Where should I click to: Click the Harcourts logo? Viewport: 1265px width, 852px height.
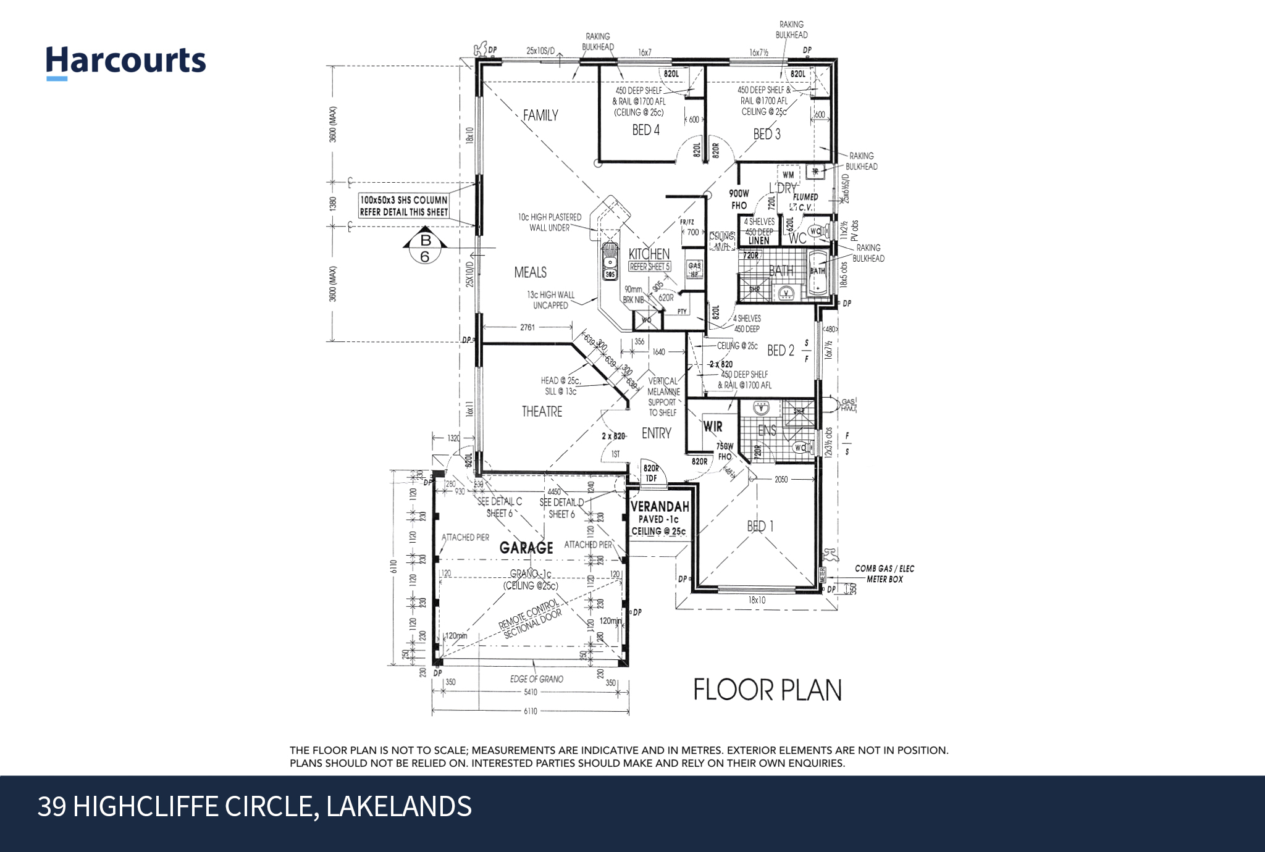pos(126,62)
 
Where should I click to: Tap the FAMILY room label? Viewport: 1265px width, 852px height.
pos(540,115)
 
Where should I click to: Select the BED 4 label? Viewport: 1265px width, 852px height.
pos(645,130)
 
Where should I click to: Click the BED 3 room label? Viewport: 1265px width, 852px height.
pos(767,134)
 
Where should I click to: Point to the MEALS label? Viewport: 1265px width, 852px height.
pos(530,272)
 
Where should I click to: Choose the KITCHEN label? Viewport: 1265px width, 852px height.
pos(649,254)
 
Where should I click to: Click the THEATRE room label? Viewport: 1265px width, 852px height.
pos(542,411)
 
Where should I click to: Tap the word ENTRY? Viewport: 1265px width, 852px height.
pos(656,433)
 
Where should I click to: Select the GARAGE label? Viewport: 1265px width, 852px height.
pos(526,548)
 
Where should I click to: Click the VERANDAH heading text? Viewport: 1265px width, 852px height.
pos(660,507)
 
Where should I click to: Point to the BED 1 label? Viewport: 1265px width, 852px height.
pos(760,526)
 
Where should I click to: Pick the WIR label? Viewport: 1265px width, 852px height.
pos(713,427)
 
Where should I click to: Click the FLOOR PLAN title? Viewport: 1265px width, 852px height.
pos(767,690)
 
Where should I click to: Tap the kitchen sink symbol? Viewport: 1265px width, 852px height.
pos(610,262)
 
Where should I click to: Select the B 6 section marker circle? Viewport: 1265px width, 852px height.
pos(425,248)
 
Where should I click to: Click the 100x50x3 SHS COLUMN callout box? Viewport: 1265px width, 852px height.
pos(404,206)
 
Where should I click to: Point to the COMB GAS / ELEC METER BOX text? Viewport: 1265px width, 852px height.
pos(884,574)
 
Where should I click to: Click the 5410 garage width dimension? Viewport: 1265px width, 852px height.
pos(530,693)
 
